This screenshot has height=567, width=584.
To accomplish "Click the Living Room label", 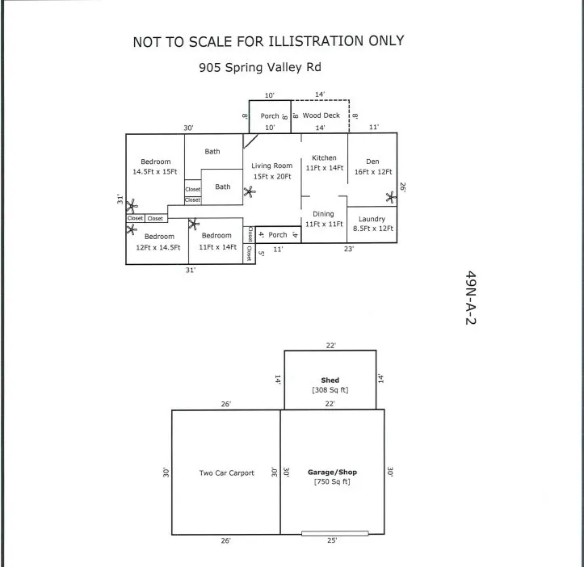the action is point(272,166).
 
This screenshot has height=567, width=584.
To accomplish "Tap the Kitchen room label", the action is point(324,158).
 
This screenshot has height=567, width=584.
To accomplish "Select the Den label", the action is point(372,162).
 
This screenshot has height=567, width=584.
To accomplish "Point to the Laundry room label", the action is point(372,219).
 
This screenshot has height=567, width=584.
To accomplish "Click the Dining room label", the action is point(323,214).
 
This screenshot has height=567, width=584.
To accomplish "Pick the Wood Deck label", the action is point(321,115).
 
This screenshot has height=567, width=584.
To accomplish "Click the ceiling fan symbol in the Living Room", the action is point(250,192).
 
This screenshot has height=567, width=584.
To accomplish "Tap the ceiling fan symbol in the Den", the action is point(391,197).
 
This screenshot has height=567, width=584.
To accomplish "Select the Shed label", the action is point(330,380).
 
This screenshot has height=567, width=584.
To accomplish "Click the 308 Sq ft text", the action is point(330,390).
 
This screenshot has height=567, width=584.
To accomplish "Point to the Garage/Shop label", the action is point(332,472).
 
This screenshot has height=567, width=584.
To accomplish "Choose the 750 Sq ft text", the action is point(332,481).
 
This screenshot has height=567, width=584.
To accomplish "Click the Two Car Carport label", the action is point(226,472).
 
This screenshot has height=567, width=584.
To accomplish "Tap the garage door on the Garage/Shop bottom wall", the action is point(335,533).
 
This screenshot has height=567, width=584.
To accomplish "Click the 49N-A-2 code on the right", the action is point(471,298).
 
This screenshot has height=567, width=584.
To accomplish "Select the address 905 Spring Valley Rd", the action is point(260,67).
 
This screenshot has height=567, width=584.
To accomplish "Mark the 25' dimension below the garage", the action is point(332,540).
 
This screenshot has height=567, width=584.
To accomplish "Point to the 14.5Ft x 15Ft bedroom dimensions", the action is point(155,172).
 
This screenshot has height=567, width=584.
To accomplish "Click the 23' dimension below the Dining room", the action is point(349,249).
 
